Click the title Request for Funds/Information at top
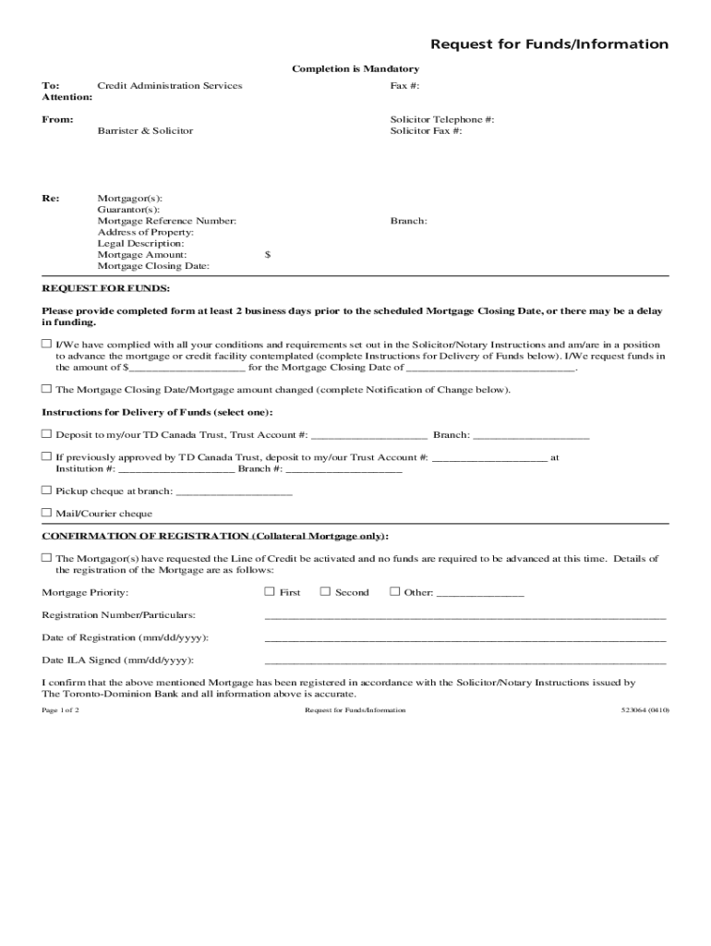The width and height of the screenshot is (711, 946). click(x=549, y=44)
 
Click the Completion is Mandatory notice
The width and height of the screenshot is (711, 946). click(x=355, y=69)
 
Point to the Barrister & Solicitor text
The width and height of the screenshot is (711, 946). click(x=145, y=131)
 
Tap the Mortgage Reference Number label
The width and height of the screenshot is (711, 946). click(x=166, y=221)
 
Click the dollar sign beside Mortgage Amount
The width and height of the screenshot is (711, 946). click(x=268, y=254)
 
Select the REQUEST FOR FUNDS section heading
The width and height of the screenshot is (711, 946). click(x=105, y=288)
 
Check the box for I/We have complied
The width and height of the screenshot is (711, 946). click(x=46, y=344)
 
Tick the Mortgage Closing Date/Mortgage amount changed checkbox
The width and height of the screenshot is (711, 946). click(x=46, y=389)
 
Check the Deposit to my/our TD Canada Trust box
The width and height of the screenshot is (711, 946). click(x=46, y=433)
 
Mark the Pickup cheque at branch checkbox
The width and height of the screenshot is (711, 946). click(x=46, y=491)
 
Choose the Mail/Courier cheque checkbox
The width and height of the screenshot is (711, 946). click(x=46, y=513)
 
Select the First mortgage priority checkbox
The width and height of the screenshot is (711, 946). click(x=270, y=591)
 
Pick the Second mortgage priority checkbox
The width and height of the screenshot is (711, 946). click(x=325, y=591)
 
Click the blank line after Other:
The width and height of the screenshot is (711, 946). click(x=479, y=593)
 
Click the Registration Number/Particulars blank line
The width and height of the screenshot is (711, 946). click(x=464, y=615)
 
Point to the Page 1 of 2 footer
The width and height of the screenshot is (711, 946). click(x=60, y=710)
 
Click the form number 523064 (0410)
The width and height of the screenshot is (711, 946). click(x=645, y=710)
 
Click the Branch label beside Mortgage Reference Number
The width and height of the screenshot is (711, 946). click(x=408, y=221)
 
